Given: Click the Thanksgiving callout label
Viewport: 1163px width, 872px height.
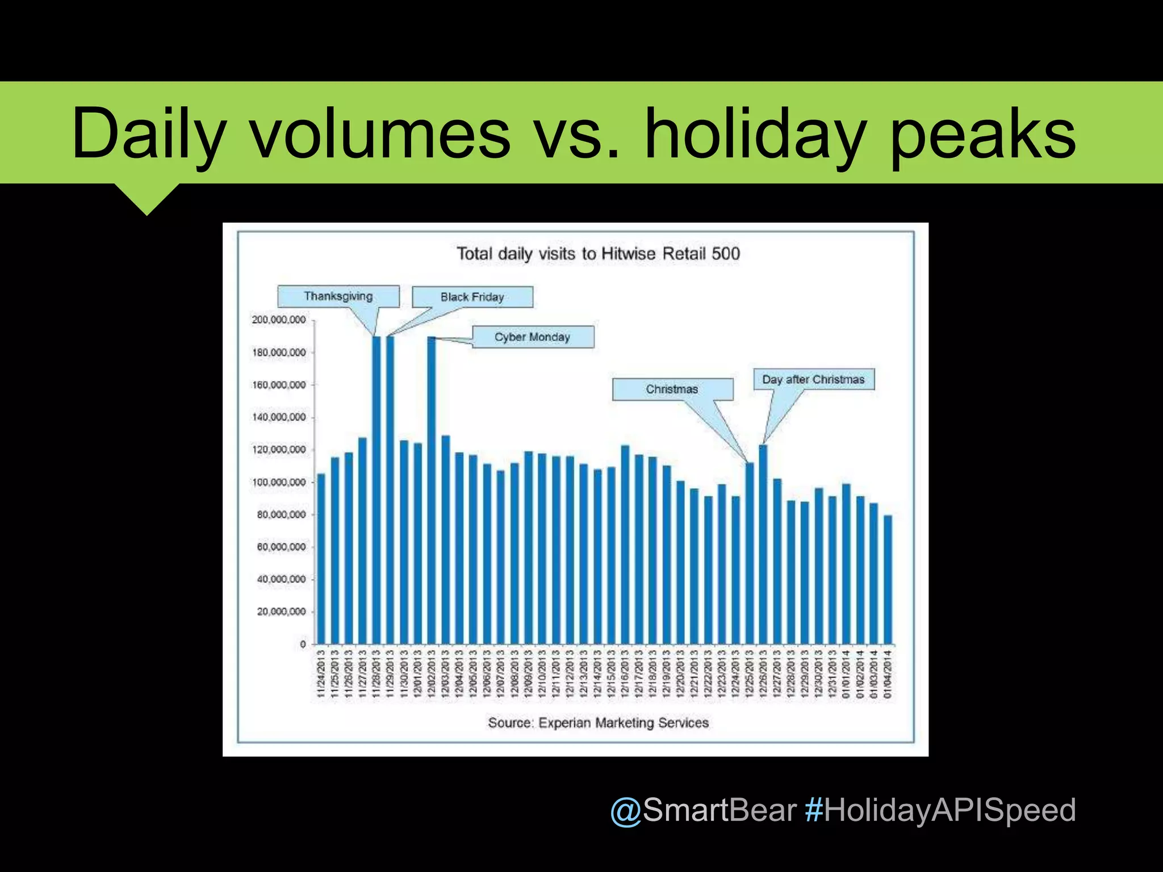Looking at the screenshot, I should coord(338,296).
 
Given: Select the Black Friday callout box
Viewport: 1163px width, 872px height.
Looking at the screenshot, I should coord(472,297).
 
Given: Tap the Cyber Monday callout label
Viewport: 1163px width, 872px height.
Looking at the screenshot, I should coord(533,337).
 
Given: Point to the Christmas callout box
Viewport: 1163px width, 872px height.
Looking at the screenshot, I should coord(672,389).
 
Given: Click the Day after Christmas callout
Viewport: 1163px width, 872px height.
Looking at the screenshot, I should coord(814,379).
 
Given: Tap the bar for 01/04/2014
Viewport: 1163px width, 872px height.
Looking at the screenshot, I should coord(888,579).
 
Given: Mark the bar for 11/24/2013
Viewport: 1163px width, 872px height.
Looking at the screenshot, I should coord(321,559).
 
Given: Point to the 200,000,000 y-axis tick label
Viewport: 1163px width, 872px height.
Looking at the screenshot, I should coord(279,320).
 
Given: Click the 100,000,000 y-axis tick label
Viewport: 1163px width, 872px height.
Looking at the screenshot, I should coord(279,483).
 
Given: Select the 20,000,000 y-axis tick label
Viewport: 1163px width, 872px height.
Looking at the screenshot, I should coord(281,612).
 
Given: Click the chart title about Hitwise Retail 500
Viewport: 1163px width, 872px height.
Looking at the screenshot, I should coord(599,254).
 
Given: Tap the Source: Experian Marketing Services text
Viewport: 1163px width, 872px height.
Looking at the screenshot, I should coord(599,723).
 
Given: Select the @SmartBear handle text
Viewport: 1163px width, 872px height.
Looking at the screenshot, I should coord(703,810).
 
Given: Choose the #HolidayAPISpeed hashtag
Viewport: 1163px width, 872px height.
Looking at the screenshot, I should coord(940,810).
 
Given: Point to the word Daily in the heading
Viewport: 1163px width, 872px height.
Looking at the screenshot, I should coord(149,135).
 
